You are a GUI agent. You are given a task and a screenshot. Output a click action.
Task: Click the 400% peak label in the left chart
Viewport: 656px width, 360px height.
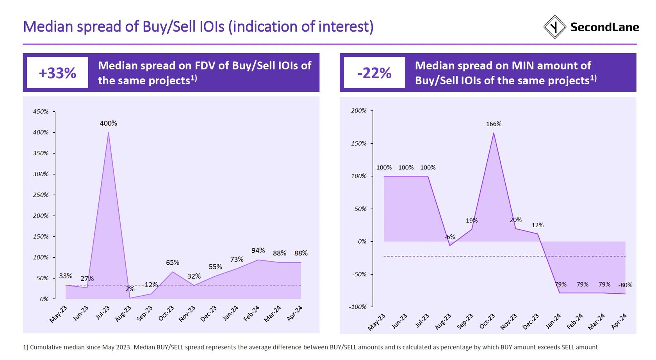pyautogui.click(x=108, y=123)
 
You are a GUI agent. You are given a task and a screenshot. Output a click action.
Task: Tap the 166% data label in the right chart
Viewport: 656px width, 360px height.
pyautogui.click(x=494, y=124)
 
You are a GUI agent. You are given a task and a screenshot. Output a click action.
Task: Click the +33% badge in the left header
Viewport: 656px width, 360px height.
pyautogui.click(x=57, y=73)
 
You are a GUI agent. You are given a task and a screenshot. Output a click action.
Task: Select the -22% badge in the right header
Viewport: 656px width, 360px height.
pyautogui.click(x=374, y=73)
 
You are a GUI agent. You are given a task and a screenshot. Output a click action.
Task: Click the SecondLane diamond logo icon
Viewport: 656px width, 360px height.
pyautogui.click(x=554, y=27)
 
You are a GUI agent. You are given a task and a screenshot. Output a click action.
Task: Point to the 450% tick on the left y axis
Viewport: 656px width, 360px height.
pyautogui.click(x=41, y=112)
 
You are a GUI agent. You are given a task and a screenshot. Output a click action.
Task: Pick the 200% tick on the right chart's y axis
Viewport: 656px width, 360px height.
pyautogui.click(x=359, y=111)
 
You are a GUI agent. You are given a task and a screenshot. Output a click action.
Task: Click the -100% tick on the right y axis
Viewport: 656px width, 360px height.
pyautogui.click(x=358, y=307)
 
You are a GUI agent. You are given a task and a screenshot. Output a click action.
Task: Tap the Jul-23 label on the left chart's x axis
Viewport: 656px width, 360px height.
pyautogui.click(x=103, y=313)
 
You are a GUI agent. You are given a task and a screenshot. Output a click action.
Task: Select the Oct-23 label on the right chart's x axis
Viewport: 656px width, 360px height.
pyautogui.click(x=487, y=321)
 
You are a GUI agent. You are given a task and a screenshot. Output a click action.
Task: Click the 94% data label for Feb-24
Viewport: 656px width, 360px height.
pyautogui.click(x=258, y=251)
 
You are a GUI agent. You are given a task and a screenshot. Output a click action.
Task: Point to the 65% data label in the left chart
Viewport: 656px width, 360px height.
pyautogui.click(x=173, y=263)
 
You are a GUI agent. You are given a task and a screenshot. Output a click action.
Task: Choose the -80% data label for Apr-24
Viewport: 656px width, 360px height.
pyautogui.click(x=625, y=285)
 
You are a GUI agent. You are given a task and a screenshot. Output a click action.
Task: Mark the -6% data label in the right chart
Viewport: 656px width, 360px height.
pyautogui.click(x=450, y=237)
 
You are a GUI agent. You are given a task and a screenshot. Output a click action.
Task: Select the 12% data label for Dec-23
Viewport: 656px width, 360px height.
pyautogui.click(x=537, y=225)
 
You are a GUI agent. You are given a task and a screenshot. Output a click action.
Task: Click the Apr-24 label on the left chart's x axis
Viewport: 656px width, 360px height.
pyautogui.click(x=294, y=313)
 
